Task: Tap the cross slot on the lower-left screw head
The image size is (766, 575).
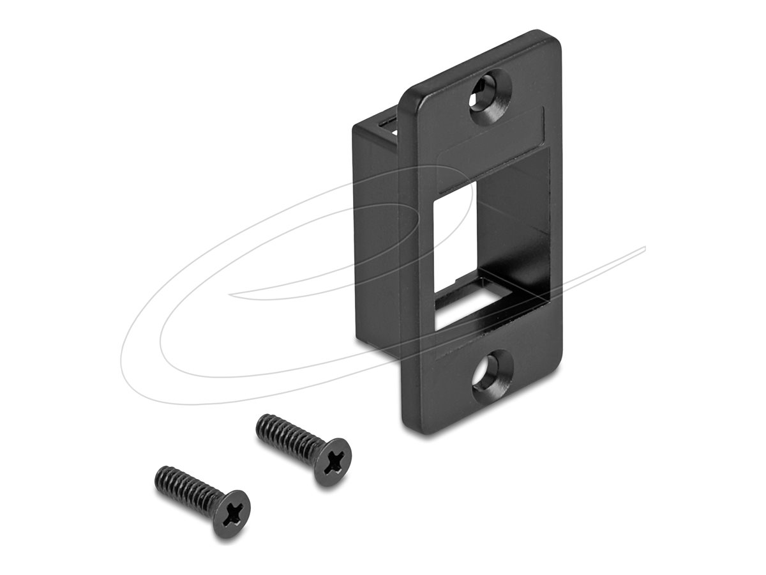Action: (232, 514)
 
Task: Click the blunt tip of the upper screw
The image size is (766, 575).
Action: (260, 423)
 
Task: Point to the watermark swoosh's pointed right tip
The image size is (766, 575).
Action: (645, 248)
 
